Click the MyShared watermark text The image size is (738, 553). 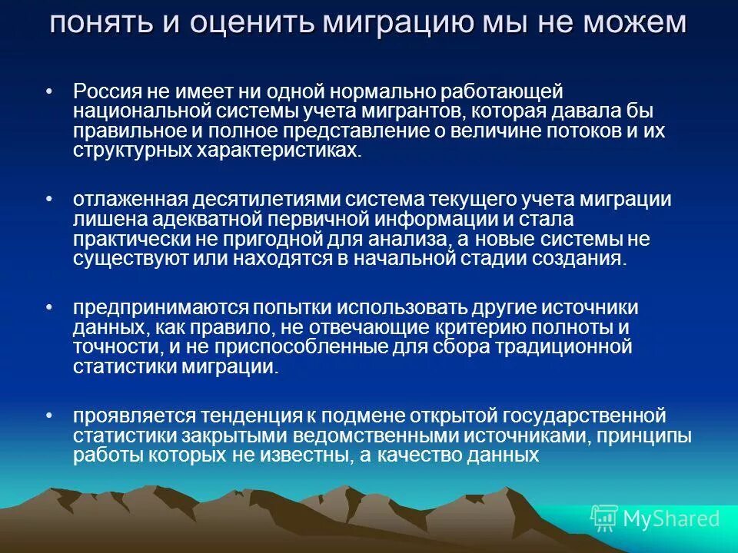tap(670, 518)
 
